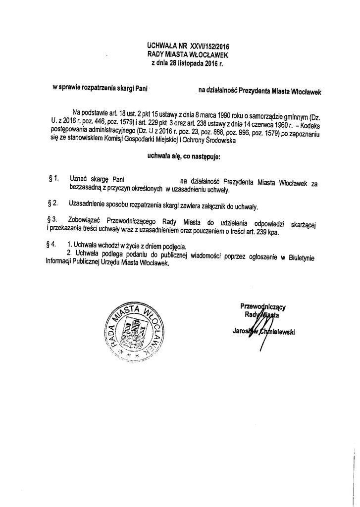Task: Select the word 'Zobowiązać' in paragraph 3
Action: click(x=86, y=219)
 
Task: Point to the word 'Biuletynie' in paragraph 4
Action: click(x=302, y=256)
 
